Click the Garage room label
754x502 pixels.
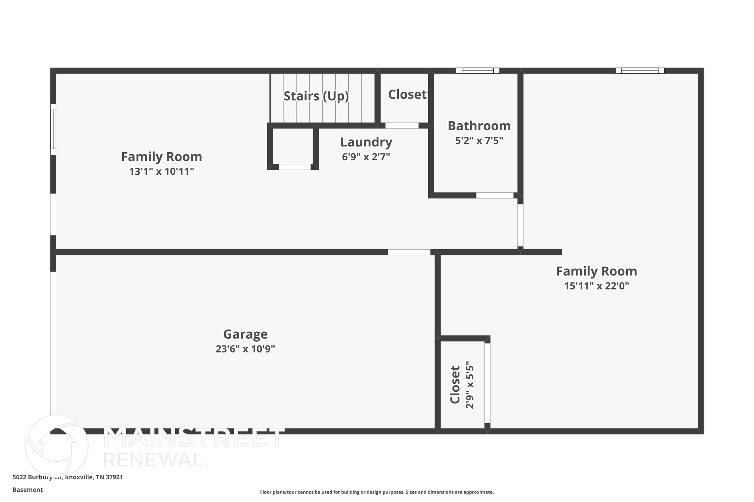pyautogui.click(x=245, y=334)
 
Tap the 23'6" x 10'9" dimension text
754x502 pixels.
pyautogui.click(x=245, y=349)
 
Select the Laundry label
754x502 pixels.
pyautogui.click(x=366, y=142)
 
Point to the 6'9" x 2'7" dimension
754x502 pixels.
pyautogui.click(x=366, y=157)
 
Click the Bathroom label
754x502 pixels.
pyautogui.click(x=479, y=126)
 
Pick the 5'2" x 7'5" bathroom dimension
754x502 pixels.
pyautogui.click(x=479, y=141)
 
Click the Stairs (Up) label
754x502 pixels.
pyautogui.click(x=316, y=96)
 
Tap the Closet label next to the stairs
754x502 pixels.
pyautogui.click(x=407, y=95)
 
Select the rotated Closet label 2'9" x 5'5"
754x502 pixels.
pyautogui.click(x=455, y=385)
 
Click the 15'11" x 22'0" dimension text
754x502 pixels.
pyautogui.click(x=596, y=286)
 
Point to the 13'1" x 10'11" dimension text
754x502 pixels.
pyautogui.click(x=161, y=172)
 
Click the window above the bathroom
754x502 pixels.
pyautogui.click(x=478, y=71)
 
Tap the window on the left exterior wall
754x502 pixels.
pyautogui.click(x=53, y=129)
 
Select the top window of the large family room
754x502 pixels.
pyautogui.click(x=640, y=71)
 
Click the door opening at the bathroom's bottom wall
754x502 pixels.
pyautogui.click(x=494, y=195)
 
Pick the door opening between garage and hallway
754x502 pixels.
pyautogui.click(x=409, y=252)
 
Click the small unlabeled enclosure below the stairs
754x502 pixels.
pyautogui.click(x=293, y=146)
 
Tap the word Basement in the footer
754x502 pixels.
pyautogui.click(x=28, y=489)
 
